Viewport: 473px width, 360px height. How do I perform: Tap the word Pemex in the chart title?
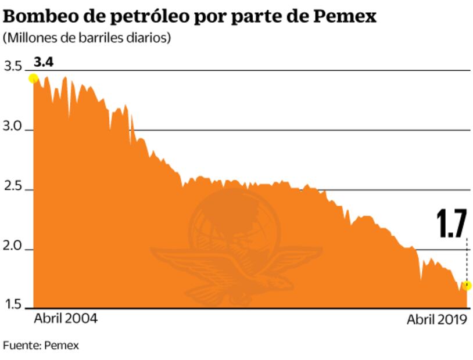345,16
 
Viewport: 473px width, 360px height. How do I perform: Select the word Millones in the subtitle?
27,38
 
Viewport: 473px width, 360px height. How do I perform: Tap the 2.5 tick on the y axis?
13,188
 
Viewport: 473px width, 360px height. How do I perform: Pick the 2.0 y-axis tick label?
13,247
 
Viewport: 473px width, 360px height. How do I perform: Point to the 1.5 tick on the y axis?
13,305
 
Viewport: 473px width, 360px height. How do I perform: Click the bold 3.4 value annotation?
44,62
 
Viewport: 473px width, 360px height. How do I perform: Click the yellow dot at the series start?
34,78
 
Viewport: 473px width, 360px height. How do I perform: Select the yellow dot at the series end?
467,286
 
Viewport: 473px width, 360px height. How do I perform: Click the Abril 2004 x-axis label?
66,319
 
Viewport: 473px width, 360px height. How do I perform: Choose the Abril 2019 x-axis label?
436,319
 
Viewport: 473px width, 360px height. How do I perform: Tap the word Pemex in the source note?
62,345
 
